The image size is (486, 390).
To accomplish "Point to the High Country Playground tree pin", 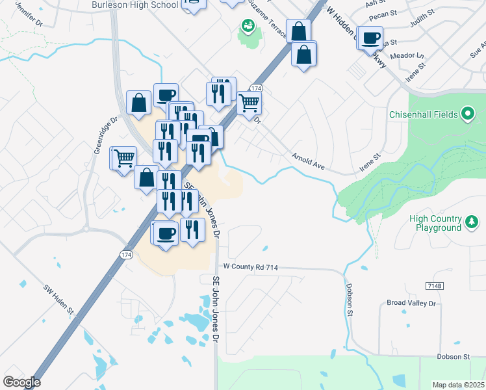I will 472,223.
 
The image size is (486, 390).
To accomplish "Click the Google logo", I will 21,382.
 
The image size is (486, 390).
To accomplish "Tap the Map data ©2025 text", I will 459,385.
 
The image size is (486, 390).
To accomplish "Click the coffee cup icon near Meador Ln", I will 371,38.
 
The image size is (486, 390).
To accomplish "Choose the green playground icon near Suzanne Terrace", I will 248,27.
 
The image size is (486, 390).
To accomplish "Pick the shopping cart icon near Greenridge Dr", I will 123,157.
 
